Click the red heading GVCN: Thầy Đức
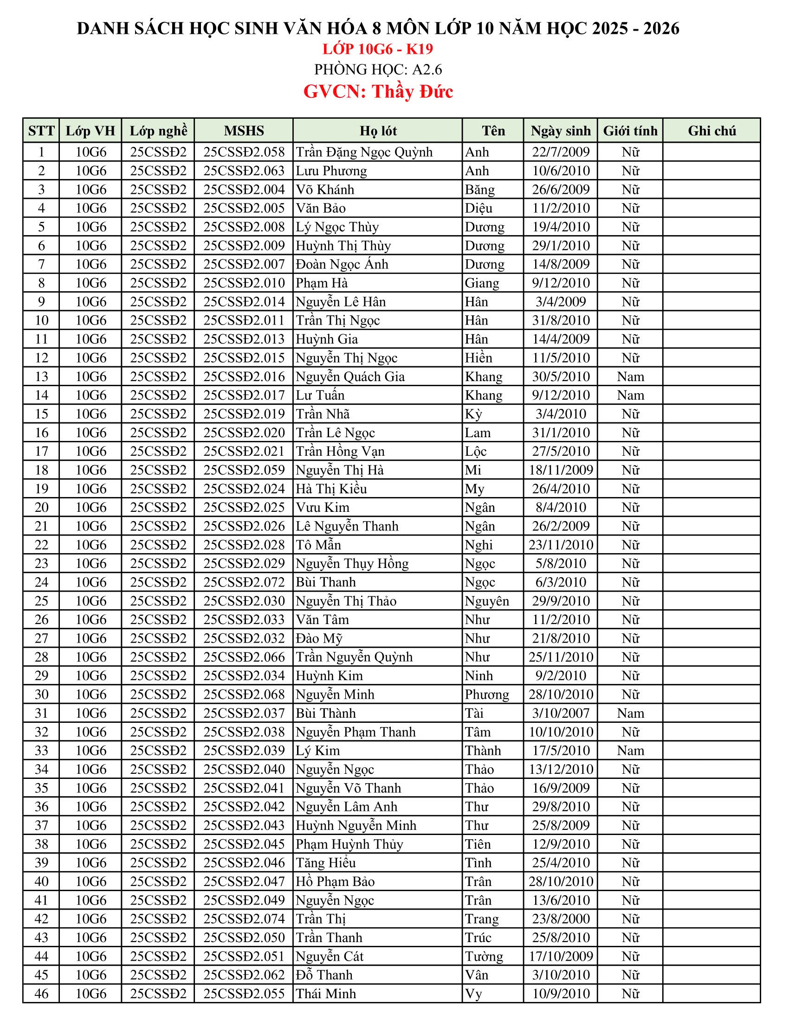tap(378, 91)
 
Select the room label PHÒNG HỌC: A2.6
tap(378, 70)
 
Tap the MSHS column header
tap(244, 131)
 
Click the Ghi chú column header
tap(711, 131)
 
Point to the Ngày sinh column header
tap(561, 131)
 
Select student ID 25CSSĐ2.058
tap(244, 152)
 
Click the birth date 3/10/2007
tap(561, 713)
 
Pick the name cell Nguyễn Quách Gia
tap(350, 376)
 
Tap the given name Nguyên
tap(486, 601)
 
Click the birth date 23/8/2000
tap(561, 918)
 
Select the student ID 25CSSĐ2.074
tap(244, 918)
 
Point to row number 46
tap(42, 994)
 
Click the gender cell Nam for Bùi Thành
tap(630, 713)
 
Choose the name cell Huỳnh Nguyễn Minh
tap(356, 825)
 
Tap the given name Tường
tap(484, 956)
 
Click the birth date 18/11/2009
tap(561, 470)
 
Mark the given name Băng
tap(479, 190)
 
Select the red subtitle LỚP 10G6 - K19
tap(378, 49)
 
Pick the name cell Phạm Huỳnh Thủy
tap(349, 844)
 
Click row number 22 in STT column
tap(42, 545)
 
